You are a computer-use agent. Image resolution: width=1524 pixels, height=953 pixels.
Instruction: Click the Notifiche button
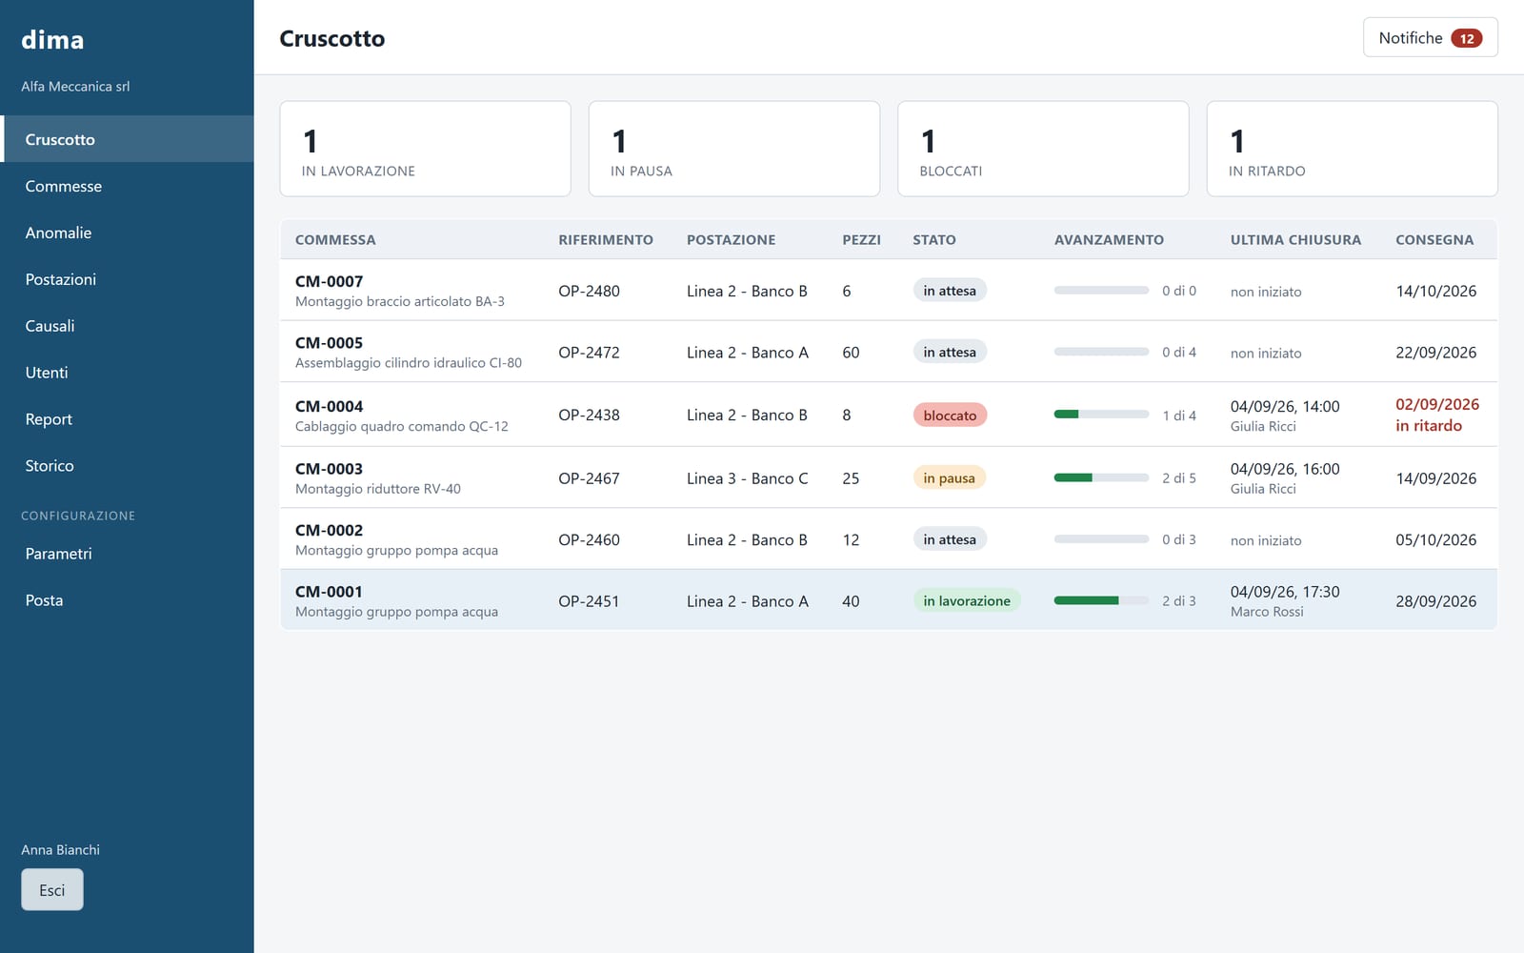coord(1430,37)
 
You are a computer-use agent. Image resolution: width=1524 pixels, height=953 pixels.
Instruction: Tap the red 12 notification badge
coord(1466,38)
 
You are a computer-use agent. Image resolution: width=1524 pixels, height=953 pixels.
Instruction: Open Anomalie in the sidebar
coord(58,233)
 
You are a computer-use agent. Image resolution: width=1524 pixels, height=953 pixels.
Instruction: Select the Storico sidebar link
coord(50,466)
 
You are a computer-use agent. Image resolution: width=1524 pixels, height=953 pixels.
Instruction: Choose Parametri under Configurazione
coord(58,554)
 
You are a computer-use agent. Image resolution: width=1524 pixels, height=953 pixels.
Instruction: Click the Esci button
coord(52,890)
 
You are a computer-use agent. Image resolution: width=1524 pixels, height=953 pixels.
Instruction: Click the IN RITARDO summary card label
coord(1267,171)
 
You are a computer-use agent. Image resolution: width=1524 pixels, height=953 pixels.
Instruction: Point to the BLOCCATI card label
coord(951,171)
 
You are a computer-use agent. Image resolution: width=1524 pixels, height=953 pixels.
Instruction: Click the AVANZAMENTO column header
coord(1109,239)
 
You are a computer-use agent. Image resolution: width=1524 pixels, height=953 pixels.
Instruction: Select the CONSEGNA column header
coord(1434,239)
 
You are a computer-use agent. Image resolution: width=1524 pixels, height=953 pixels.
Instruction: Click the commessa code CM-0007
coord(330,281)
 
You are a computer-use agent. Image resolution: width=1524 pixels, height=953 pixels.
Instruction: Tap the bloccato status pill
coord(950,416)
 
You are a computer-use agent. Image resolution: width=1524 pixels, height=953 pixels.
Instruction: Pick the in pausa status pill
coord(949,477)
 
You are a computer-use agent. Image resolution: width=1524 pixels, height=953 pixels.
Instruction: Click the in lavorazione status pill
coord(967,600)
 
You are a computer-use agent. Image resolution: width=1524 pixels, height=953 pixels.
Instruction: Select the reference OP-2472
coord(590,353)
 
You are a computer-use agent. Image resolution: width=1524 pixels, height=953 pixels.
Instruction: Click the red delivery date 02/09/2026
coord(1437,404)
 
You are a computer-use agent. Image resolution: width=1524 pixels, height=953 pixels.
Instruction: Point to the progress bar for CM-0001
coord(1101,600)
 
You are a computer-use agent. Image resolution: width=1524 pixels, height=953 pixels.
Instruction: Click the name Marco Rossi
coord(1267,611)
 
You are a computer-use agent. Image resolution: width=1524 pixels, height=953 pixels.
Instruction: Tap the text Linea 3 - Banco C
coord(747,478)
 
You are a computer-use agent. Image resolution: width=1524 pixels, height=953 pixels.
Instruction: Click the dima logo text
coord(52,39)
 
